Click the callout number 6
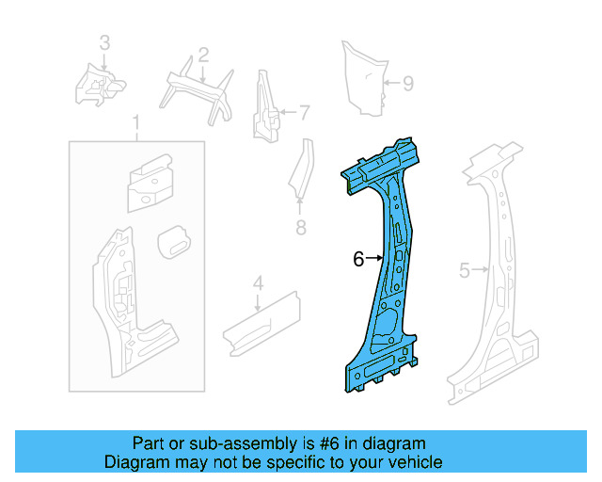pyautogui.click(x=358, y=259)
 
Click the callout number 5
pyautogui.click(x=464, y=271)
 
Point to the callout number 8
pyautogui.click(x=301, y=228)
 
